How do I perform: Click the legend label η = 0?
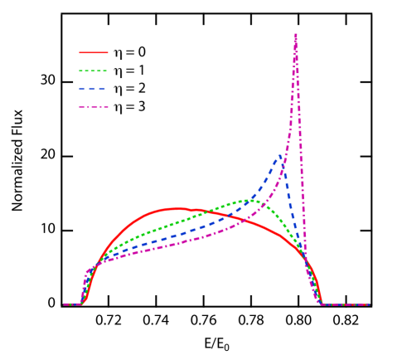point(129,52)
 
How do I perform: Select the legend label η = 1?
point(129,71)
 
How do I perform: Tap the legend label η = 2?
point(129,89)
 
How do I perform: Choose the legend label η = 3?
point(129,107)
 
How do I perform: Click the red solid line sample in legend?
point(94,52)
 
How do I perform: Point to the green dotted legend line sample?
point(94,71)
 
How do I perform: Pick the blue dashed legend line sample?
point(94,89)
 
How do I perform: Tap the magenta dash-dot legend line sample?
point(94,107)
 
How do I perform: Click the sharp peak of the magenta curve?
point(295,35)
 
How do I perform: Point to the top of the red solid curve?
point(176,208)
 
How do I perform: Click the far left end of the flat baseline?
point(65,304)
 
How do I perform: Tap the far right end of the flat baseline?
point(368,304)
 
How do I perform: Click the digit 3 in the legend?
point(142,107)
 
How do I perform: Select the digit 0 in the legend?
point(142,52)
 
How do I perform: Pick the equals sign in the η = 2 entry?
point(129,89)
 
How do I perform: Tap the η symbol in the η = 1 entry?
point(117,71)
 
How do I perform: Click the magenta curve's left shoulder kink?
point(87,272)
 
